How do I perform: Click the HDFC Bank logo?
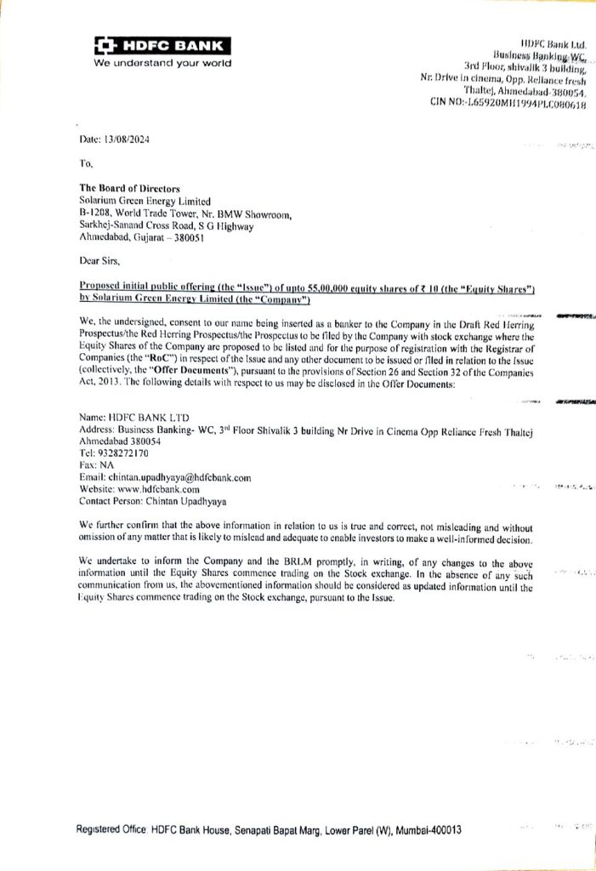[x=162, y=46]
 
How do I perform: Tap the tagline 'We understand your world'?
[x=162, y=63]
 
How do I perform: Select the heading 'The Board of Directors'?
[x=129, y=189]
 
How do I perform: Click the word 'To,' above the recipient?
[x=84, y=164]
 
